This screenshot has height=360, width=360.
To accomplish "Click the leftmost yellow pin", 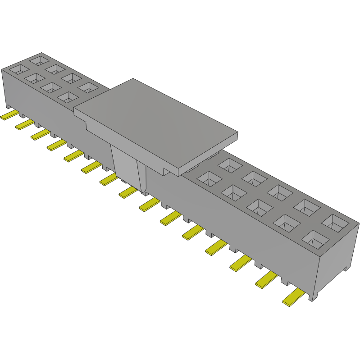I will [x=9, y=116].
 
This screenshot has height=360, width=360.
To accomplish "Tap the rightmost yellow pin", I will [x=293, y=298].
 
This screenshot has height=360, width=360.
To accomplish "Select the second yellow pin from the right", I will [x=266, y=281].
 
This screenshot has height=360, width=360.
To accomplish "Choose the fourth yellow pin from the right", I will [x=216, y=247].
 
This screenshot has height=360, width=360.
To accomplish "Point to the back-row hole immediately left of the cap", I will [x=87, y=87].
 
